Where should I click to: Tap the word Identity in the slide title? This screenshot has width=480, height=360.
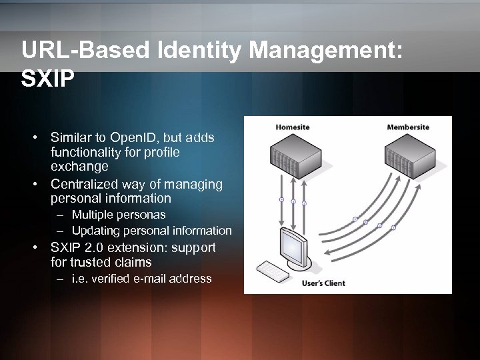[202, 51]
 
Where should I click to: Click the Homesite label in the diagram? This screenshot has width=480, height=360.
[292, 127]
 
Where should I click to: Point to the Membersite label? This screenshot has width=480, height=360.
[408, 127]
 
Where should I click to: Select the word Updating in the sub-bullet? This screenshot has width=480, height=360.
[94, 231]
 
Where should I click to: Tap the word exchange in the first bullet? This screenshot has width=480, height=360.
[79, 165]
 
